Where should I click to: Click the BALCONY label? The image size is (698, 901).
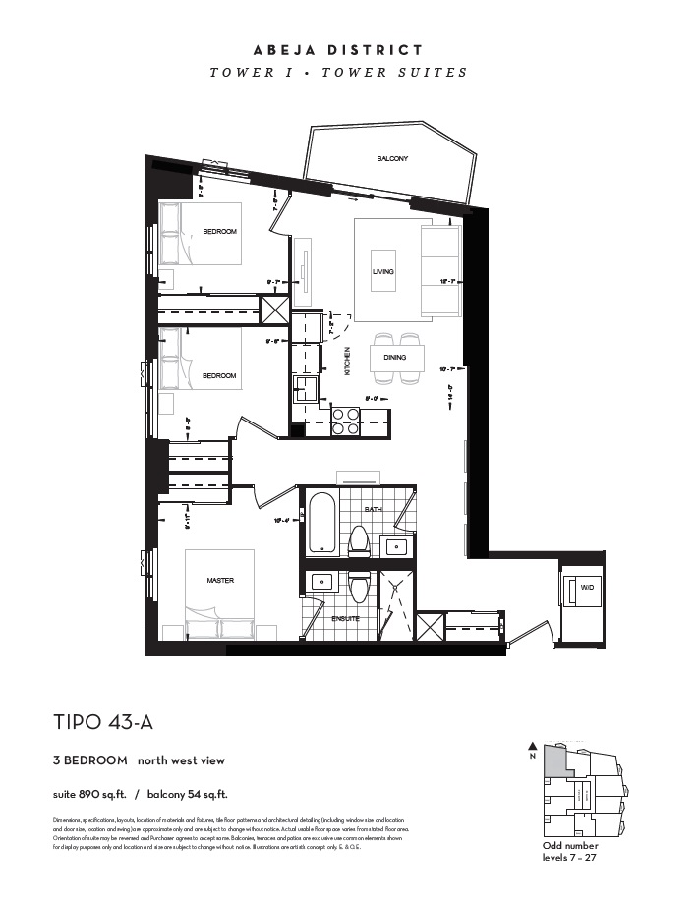point(391,159)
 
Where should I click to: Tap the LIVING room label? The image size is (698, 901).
point(382,271)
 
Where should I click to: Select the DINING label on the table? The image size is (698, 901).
point(395,358)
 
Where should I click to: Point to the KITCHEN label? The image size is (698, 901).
point(347,363)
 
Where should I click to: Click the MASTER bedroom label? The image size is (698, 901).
point(220,581)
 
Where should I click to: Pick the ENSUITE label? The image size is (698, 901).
point(346,619)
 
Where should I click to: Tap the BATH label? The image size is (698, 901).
point(374,510)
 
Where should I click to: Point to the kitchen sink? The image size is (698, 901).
point(305,384)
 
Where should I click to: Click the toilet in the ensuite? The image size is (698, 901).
point(358,588)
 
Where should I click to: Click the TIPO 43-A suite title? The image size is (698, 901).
point(103,723)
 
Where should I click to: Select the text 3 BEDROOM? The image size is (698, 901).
point(90,760)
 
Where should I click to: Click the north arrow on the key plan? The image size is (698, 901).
point(533,746)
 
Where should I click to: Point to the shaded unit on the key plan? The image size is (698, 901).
point(556,760)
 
